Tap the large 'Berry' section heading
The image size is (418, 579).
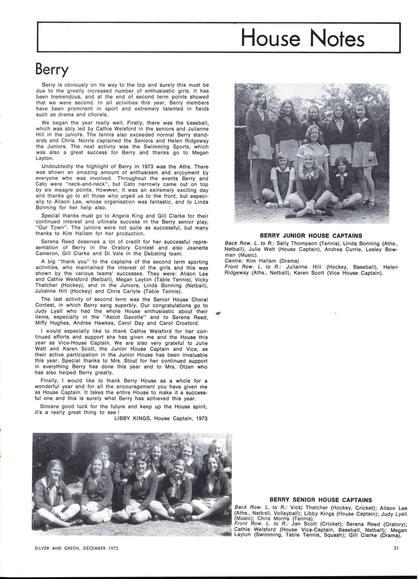coord(52,69)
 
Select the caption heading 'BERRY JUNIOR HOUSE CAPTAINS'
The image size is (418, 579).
coord(311,236)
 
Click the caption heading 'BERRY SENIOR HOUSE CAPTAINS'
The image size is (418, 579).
coord(321,500)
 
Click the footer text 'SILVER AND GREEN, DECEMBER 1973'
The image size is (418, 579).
coord(76,548)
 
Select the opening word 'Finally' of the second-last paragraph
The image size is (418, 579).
coord(49,381)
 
